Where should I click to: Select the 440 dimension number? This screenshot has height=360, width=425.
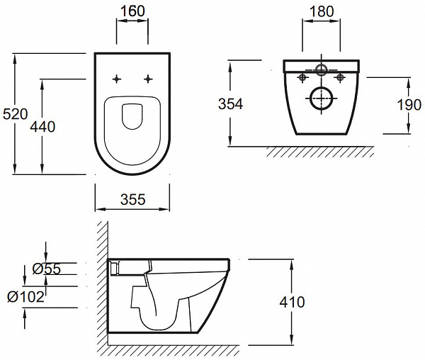(43, 126)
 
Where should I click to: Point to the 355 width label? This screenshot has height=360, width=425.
(132, 200)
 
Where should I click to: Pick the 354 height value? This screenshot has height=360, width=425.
(229, 103)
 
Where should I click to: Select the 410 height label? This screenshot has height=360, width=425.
(292, 303)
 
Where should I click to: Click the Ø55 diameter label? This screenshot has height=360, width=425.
(47, 269)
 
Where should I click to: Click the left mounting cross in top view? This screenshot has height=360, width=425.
(116, 79)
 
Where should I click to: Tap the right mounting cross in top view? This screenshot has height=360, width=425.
(149, 79)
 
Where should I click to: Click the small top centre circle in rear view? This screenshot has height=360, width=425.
(321, 69)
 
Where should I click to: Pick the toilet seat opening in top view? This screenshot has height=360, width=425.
(132, 116)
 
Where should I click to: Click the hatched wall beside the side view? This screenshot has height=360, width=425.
(102, 283)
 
